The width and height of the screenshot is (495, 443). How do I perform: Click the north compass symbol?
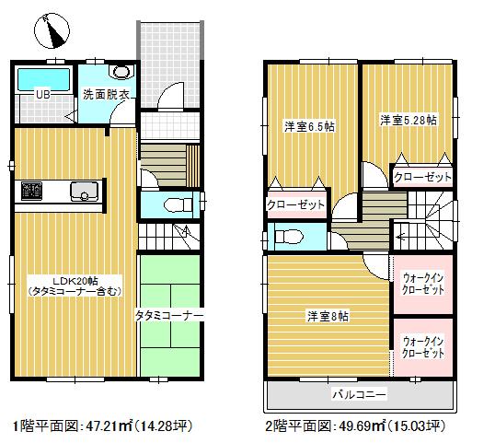click(53, 30)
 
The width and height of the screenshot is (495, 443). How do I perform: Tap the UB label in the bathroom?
click(42, 94)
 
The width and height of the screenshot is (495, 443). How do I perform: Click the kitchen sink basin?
click(86, 192)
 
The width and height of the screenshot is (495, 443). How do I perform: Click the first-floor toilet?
click(174, 204)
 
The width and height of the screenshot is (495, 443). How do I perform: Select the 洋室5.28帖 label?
click(409, 120)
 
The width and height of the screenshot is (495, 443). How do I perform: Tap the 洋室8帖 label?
click(327, 315)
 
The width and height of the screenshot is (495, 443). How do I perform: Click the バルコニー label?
click(359, 394)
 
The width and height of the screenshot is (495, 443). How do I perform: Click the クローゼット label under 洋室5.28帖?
click(421, 175)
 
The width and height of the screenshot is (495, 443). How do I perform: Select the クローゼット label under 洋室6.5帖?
click(295, 204)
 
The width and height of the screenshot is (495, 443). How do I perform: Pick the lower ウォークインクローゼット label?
click(423, 347)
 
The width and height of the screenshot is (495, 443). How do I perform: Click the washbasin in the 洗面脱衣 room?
click(121, 72)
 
